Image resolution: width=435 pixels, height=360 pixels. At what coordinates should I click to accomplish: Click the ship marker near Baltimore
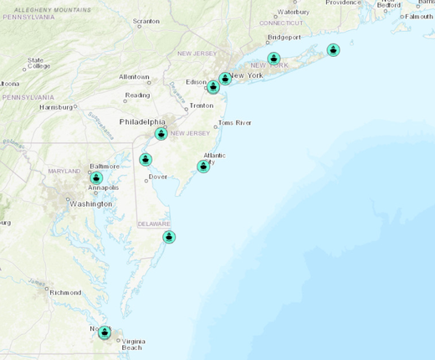click(x=96, y=177)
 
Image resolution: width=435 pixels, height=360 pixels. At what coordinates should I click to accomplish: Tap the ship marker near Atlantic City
click(x=203, y=167)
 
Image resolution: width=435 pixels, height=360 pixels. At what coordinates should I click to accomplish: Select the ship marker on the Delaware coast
click(x=170, y=237)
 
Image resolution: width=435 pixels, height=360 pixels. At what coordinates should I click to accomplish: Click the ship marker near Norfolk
click(x=105, y=332)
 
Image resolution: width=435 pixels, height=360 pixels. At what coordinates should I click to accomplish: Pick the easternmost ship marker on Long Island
click(x=333, y=49)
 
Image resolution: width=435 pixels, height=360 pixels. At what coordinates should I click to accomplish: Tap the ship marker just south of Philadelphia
click(x=161, y=133)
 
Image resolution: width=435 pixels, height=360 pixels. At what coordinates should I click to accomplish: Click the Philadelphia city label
click(x=143, y=121)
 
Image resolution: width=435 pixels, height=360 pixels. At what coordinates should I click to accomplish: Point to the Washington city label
click(x=91, y=203)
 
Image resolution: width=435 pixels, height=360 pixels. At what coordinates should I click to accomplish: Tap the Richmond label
click(x=65, y=292)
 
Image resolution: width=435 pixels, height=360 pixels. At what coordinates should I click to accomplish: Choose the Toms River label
click(x=234, y=122)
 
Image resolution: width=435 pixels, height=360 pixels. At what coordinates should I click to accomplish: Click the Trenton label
click(x=202, y=105)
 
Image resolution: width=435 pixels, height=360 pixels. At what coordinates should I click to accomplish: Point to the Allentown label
click(x=134, y=76)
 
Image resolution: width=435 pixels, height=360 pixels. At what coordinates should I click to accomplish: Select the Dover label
click(x=158, y=177)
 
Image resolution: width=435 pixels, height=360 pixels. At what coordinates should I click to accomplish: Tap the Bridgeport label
click(x=284, y=38)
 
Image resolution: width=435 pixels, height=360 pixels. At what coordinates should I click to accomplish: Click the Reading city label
click(x=137, y=95)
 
